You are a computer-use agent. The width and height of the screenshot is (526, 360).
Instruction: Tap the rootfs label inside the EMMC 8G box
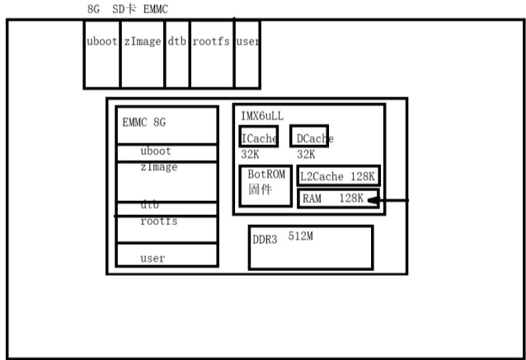point(158,222)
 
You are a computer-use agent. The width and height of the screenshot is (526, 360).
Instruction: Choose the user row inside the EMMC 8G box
point(153,258)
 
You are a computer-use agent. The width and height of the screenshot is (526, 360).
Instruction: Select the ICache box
point(259,137)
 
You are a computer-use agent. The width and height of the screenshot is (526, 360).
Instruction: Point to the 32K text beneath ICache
point(251,154)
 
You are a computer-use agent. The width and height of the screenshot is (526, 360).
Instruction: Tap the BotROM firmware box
point(265,186)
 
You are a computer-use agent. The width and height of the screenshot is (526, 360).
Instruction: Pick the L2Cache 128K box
point(338,176)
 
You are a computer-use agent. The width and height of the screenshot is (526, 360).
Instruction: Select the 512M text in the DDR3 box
point(300,236)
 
